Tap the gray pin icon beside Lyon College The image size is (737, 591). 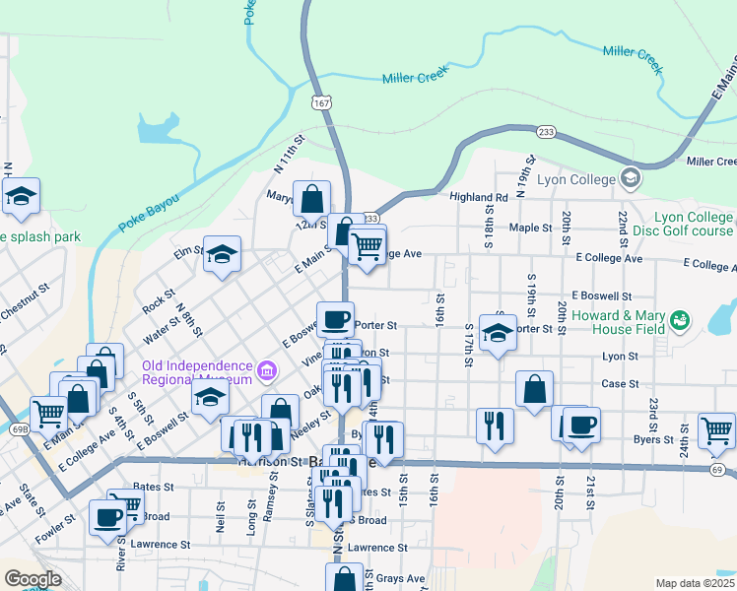pos(631,179)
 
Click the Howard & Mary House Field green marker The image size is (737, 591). pos(678,321)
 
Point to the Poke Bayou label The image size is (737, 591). pos(149,213)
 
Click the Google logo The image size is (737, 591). pos(33,578)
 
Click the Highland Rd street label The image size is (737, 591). pos(479,197)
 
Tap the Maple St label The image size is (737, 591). pos(530,228)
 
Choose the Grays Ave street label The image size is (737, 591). pos(400,578)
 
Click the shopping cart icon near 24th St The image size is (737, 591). pos(716,429)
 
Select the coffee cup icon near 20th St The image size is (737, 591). pos(581,425)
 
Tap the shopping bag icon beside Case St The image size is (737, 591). pos(534,387)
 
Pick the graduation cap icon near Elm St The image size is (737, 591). pos(222,254)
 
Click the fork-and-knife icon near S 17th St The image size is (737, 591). pos(494,425)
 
